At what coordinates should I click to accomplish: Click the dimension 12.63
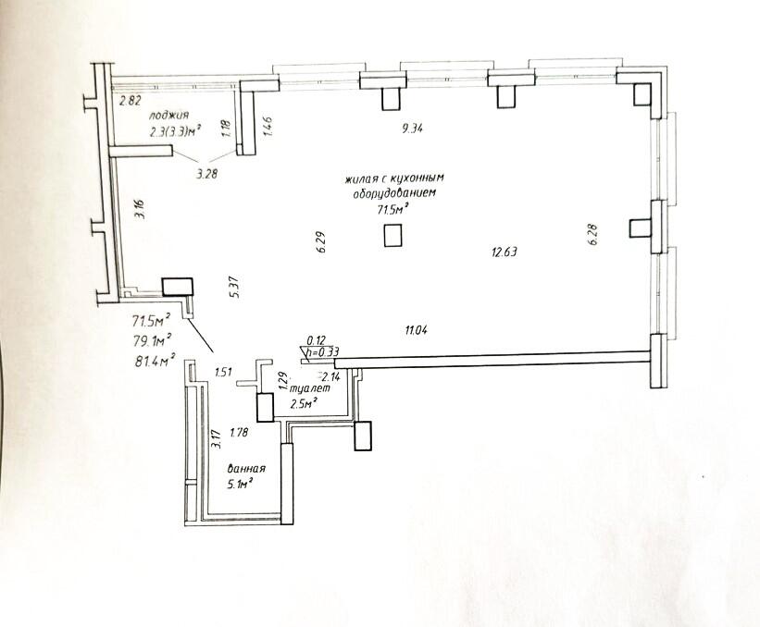click(505, 252)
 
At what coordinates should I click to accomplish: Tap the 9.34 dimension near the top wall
click(413, 129)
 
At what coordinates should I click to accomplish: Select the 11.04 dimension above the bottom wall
click(416, 331)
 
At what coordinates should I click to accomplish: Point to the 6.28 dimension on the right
click(594, 235)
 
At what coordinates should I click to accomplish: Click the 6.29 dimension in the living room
click(322, 243)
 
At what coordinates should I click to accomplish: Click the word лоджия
click(169, 116)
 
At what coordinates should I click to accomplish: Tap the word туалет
click(310, 388)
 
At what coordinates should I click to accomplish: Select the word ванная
click(247, 469)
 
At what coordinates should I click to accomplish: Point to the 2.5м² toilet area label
click(304, 403)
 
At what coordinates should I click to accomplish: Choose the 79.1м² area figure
click(152, 340)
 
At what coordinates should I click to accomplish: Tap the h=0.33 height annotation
click(322, 353)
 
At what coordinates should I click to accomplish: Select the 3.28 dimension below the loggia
click(207, 174)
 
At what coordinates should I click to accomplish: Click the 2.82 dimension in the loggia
click(131, 101)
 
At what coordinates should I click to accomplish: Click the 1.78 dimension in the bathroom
click(239, 432)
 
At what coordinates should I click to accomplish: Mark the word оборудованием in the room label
click(395, 193)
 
